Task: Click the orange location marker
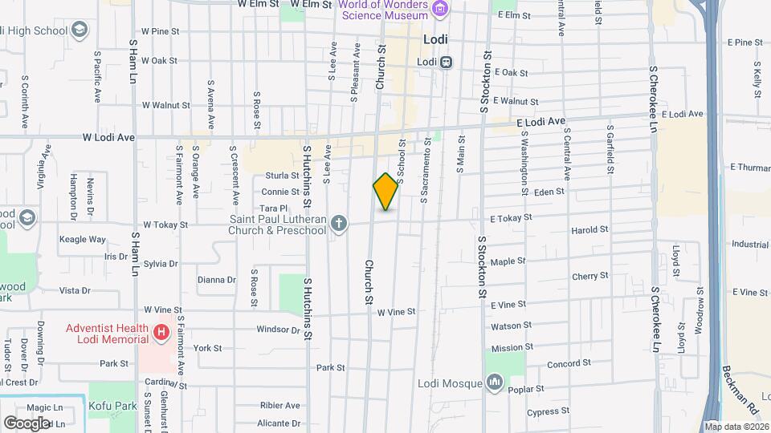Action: click(x=386, y=192)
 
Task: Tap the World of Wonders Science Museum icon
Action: click(x=439, y=9)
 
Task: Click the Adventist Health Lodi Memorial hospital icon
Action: click(x=161, y=331)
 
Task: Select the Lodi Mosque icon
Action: click(x=493, y=383)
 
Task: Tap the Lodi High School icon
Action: click(x=80, y=30)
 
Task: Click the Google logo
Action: click(x=26, y=423)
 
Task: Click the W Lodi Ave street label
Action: click(x=108, y=137)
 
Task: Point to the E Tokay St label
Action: click(x=512, y=217)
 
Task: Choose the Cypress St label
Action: click(x=548, y=411)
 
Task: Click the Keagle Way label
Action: click(x=83, y=239)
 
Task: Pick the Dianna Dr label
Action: click(x=216, y=280)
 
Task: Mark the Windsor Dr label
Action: click(x=277, y=330)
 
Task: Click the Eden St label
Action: click(x=549, y=192)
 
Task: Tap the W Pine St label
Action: click(x=160, y=30)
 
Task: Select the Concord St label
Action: click(x=569, y=363)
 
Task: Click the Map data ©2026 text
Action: click(x=735, y=426)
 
